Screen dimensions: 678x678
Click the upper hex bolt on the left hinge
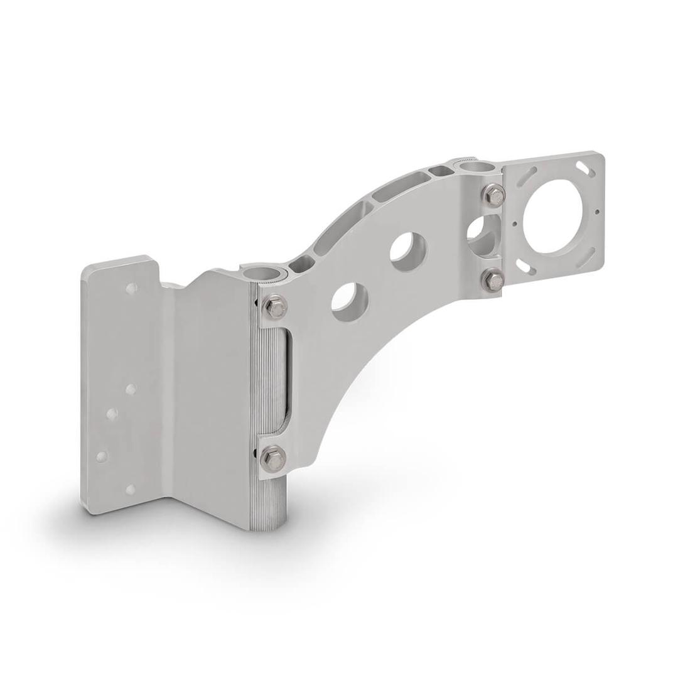(274, 307)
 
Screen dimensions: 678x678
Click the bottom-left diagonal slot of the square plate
(531, 269)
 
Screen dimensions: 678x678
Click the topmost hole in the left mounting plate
(131, 289)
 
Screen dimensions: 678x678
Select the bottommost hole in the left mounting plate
(131, 490)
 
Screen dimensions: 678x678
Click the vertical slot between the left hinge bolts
(283, 382)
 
